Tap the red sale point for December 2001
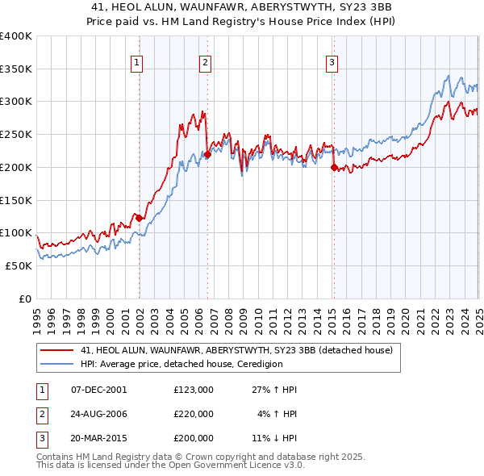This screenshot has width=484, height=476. coord(139,218)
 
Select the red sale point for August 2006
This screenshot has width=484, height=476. coord(207,154)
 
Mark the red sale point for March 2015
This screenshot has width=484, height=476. coord(334,167)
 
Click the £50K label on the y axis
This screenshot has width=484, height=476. coord(19,265)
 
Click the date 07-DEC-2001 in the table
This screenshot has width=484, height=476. coord(99,390)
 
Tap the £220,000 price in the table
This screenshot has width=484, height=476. coord(193,414)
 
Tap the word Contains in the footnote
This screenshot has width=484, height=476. coord(58,457)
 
